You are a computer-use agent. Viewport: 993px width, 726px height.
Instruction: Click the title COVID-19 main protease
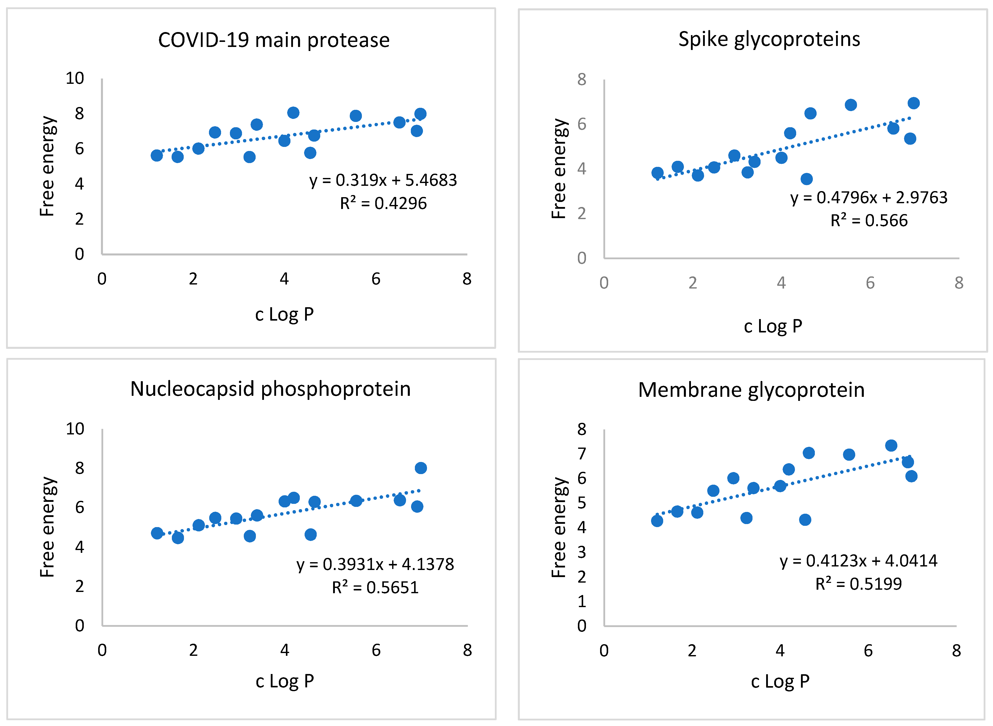coord(274,40)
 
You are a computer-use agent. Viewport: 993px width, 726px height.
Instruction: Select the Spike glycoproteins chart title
coord(769,39)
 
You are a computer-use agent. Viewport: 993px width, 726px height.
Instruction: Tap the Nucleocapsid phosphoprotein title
coord(270,389)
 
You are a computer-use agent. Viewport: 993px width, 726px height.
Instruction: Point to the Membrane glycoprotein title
coord(751,390)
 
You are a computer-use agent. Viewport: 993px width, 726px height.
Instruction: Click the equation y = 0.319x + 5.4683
coord(383,180)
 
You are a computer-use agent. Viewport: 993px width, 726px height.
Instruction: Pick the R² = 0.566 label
coord(869,220)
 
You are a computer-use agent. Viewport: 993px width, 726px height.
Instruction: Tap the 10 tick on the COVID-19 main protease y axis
coord(75,78)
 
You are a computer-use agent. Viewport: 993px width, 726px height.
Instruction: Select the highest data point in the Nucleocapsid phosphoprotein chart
coord(420,468)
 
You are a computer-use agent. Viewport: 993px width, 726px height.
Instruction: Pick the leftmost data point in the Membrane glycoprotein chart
coord(657,521)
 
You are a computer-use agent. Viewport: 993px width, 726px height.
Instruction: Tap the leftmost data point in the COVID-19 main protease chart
coord(157,155)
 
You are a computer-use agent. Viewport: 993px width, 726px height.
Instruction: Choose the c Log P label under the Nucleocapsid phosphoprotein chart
coord(285,681)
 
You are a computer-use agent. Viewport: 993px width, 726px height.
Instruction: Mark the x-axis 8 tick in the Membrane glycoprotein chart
coord(956,651)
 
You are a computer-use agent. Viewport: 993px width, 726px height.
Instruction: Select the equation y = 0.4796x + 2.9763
coord(869,198)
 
